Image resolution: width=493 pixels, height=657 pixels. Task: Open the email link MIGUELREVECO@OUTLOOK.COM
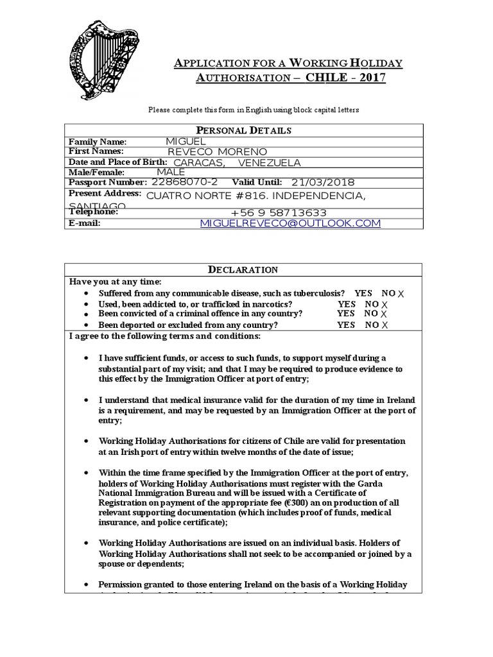(x=290, y=223)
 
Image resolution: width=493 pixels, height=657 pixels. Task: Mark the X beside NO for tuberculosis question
(x=402, y=293)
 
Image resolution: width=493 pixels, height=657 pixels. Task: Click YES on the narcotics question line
(x=347, y=303)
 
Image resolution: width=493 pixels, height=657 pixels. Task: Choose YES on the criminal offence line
(x=346, y=314)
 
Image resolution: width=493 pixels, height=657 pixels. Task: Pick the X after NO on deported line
(x=385, y=325)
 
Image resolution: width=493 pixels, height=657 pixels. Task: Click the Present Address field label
(x=105, y=193)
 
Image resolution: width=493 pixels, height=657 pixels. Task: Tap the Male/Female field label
(x=96, y=172)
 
